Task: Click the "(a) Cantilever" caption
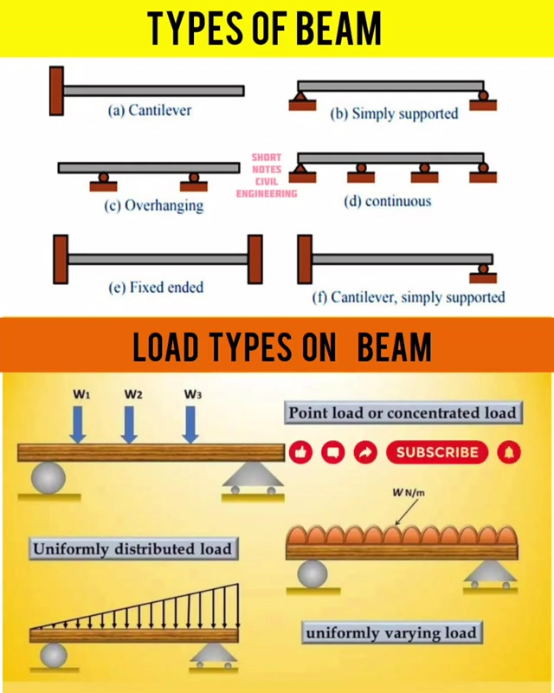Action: [149, 111]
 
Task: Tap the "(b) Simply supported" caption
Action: [394, 113]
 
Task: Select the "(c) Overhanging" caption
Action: [155, 205]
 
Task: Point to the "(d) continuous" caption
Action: [386, 201]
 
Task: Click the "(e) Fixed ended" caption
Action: [156, 287]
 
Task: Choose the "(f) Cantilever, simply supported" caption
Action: [408, 297]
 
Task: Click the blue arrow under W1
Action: [78, 424]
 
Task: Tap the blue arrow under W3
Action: [191, 424]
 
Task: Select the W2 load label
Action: [132, 394]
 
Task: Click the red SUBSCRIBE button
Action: [436, 451]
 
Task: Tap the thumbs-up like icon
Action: [301, 451]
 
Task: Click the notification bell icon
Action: [510, 451]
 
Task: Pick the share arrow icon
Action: [365, 451]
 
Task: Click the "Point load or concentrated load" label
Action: [403, 412]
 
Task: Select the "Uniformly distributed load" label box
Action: [132, 548]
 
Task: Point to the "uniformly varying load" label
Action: [390, 632]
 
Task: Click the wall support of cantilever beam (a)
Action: [56, 90]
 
